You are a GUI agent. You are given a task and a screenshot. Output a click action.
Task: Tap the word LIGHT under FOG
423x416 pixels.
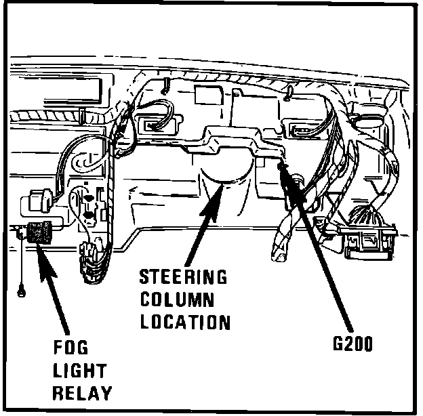79,371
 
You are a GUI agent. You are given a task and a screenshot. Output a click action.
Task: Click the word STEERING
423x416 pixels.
182,278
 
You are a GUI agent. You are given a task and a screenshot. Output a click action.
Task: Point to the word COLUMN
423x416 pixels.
177,299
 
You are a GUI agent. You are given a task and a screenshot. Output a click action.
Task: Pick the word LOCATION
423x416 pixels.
185,320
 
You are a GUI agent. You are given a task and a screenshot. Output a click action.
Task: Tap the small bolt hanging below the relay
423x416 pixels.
20,293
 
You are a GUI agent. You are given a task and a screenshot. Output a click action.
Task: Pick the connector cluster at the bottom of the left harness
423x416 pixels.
91,260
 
